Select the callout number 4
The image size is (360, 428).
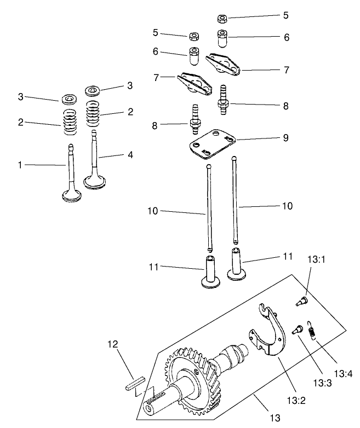pyautogui.click(x=130, y=155)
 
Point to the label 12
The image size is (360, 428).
pyautogui.click(x=112, y=344)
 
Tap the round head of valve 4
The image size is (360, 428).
pyautogui.click(x=94, y=181)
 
